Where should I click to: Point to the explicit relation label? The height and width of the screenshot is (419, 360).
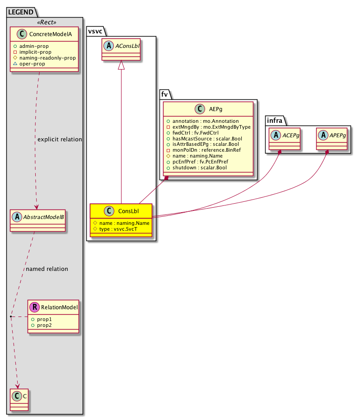pos(60,139)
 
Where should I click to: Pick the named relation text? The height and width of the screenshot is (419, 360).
pos(47,269)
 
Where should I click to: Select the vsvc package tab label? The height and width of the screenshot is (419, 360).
pos(95,31)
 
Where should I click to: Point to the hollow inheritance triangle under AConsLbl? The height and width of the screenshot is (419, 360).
pos(121,65)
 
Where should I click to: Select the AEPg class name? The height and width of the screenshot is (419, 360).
pos(214,108)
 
